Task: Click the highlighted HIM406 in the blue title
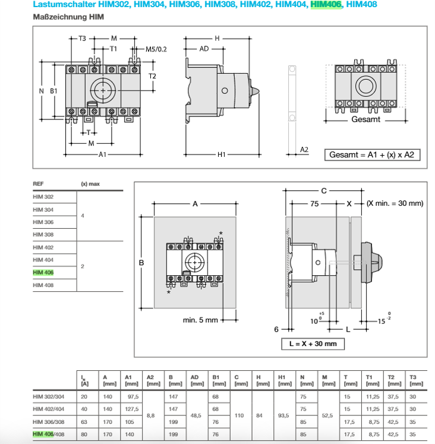coord(326,5)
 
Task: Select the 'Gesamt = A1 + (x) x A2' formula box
coord(372,155)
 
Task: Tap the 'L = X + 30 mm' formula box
coord(313,344)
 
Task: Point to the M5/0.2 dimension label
coord(156,49)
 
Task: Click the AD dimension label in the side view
coord(204,49)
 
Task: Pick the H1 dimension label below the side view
coord(221,155)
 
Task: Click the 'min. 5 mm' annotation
coord(200,320)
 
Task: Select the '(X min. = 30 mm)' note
coord(395,203)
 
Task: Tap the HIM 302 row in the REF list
coord(43,197)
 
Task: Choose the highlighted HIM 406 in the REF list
coord(43,272)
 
